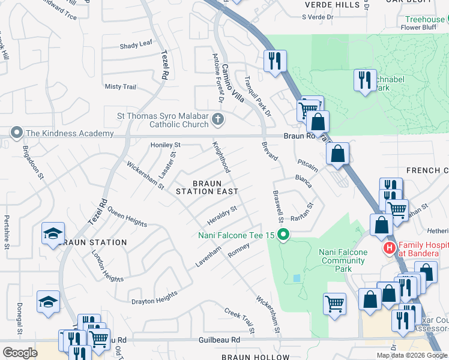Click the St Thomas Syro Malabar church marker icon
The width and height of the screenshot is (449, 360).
coord(217,120)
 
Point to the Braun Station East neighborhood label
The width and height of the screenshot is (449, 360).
coord(206,187)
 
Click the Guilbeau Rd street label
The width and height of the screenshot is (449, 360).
coord(219,340)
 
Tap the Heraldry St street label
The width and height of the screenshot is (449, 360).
coord(221,213)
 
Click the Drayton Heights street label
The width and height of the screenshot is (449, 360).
coord(154,298)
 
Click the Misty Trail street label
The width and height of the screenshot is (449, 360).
coord(121,87)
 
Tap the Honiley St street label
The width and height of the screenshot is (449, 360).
coord(165,145)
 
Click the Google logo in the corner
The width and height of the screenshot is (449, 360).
coord(20,352)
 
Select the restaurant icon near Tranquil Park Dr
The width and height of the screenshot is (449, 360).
coord(275,61)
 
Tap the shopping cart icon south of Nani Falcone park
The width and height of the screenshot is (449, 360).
coord(334,302)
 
